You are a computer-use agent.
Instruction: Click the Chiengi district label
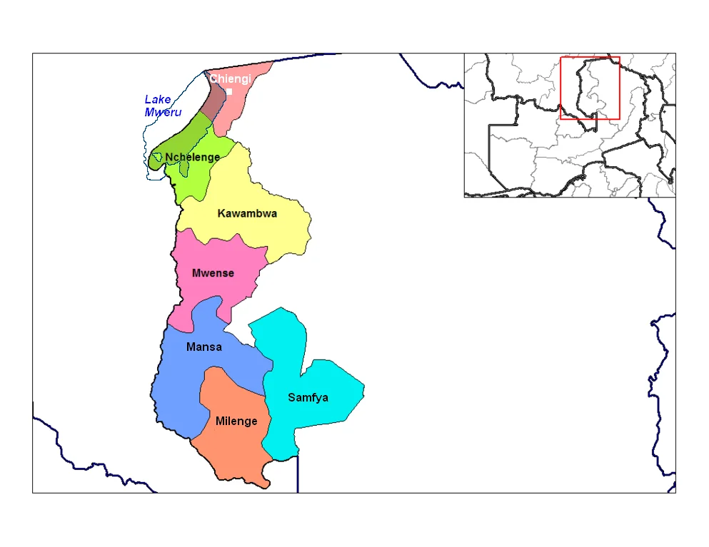coord(230,79)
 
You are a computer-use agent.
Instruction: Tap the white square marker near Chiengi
coord(229,91)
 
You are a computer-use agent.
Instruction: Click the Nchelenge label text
coord(192,157)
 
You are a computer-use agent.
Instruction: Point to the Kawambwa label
coord(247,213)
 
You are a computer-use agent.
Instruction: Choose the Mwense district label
coord(213,273)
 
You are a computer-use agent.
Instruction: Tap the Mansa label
coord(203,347)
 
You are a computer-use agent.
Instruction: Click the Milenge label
coord(236,421)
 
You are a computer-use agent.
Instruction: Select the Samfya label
coord(308,397)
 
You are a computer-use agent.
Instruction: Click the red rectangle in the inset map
coord(590,88)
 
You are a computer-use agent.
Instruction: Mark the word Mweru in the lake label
coord(163,113)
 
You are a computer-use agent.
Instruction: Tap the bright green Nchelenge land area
coord(193,182)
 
